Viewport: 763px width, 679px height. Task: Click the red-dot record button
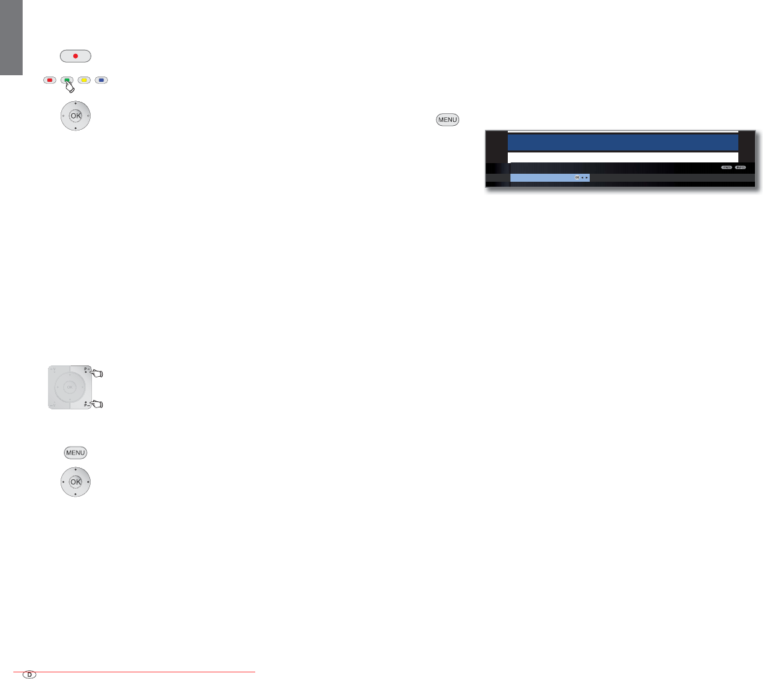pos(75,55)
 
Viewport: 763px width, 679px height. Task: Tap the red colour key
pos(49,81)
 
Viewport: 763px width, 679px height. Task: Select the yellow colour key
pos(85,81)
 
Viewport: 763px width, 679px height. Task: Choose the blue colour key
pos(102,81)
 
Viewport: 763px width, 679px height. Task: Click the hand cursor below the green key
pos(69,87)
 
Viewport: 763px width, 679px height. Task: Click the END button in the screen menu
pos(726,167)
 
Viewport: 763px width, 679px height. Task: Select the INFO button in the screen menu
pos(741,167)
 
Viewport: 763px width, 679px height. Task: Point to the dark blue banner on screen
pos(622,142)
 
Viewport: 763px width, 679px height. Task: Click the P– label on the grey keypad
pos(85,403)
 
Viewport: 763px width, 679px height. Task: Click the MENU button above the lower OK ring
pos(75,453)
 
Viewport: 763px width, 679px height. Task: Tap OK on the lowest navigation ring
pos(75,482)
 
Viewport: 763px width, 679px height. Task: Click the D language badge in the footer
pos(29,674)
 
